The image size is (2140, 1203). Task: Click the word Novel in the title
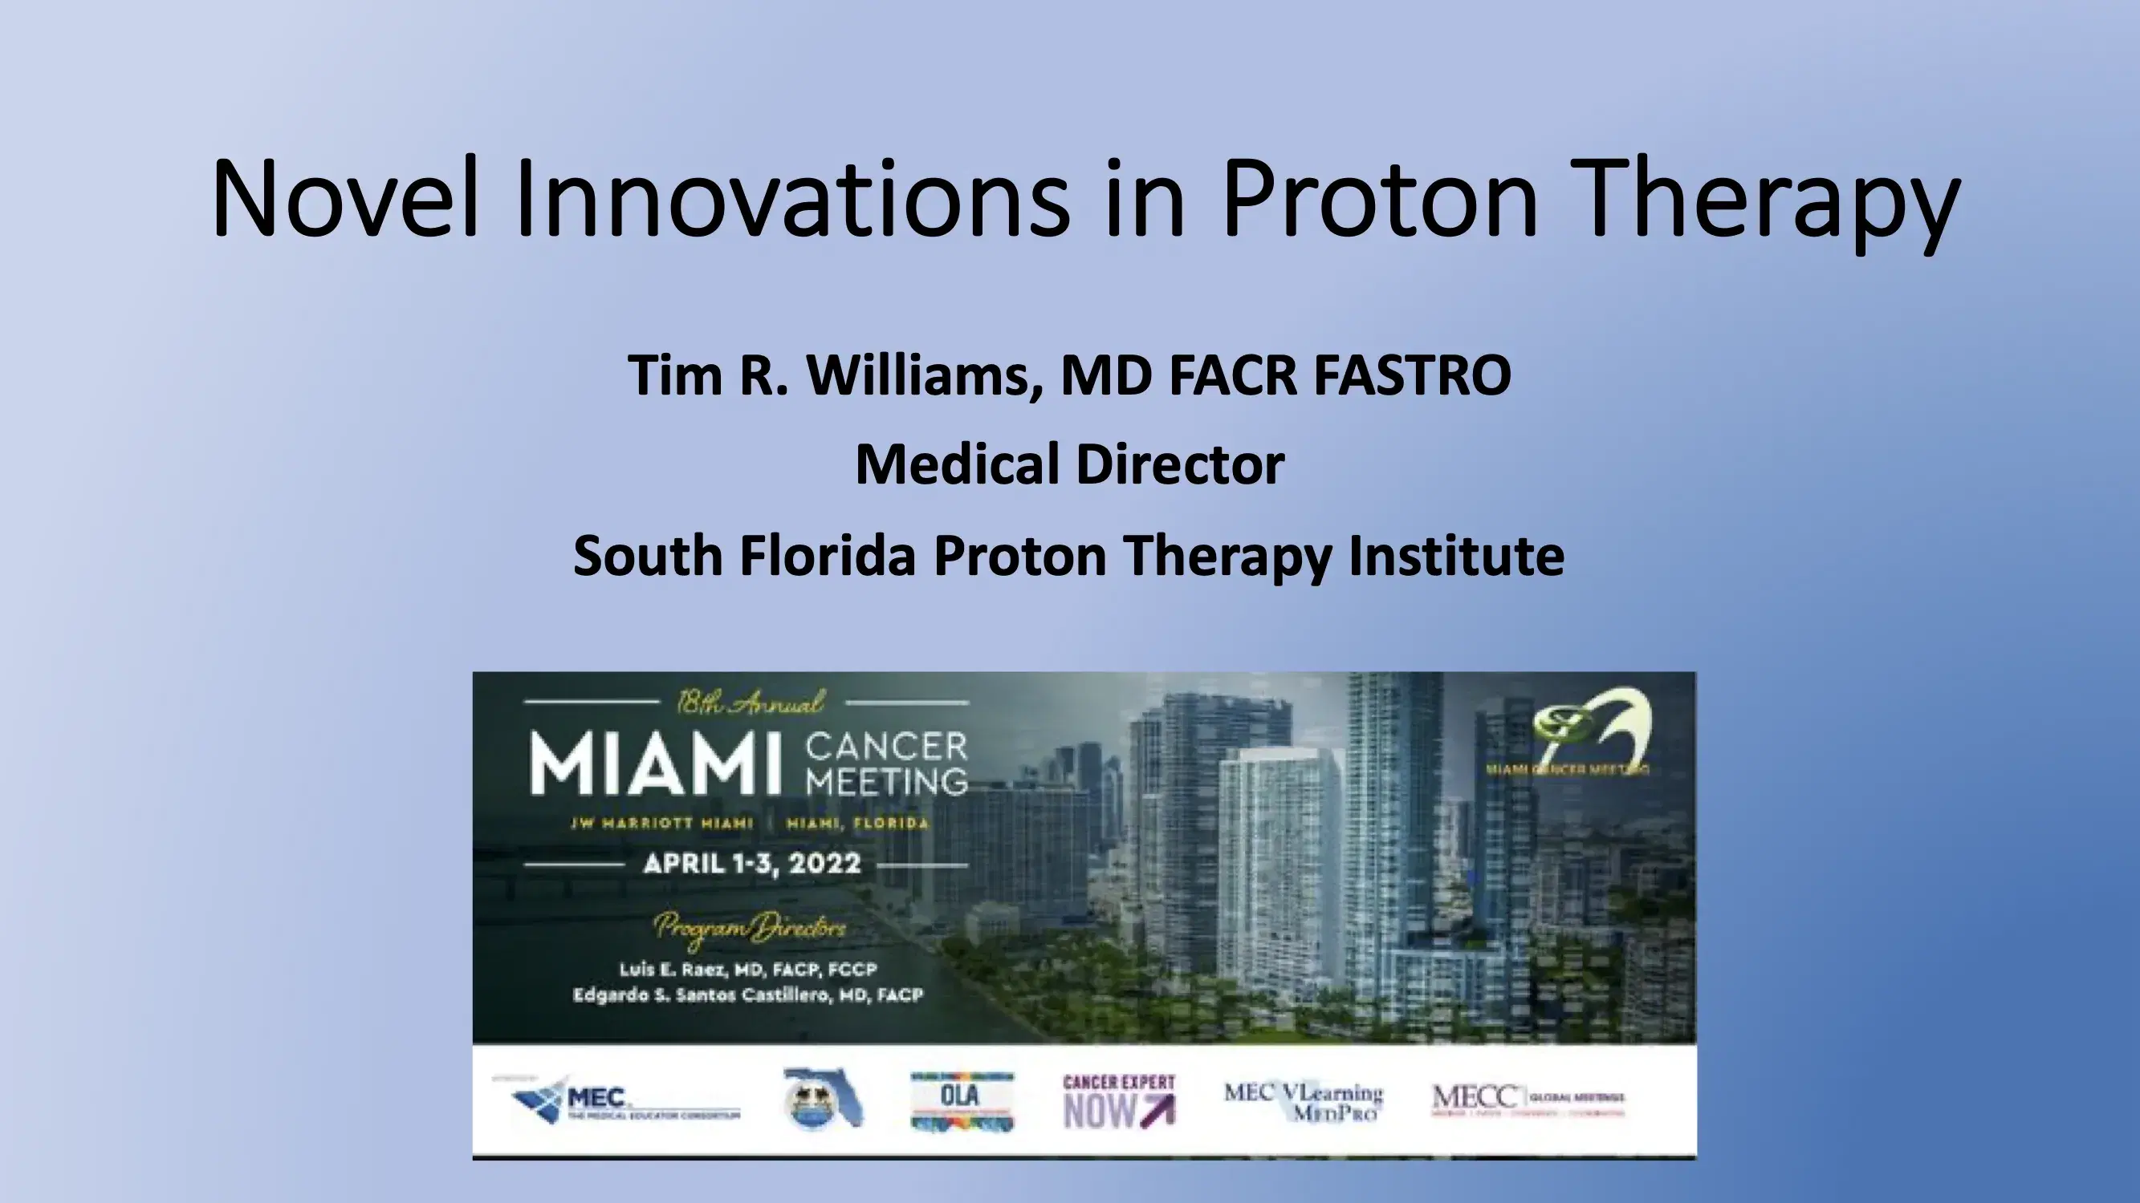click(x=344, y=199)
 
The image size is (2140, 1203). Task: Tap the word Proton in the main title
click(x=1379, y=199)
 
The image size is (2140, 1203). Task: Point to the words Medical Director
click(x=1070, y=465)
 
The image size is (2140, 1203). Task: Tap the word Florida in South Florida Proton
click(x=827, y=556)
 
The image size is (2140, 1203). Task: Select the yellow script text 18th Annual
click(x=750, y=703)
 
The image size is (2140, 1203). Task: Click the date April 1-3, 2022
click(x=752, y=864)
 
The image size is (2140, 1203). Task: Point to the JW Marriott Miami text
click(x=661, y=824)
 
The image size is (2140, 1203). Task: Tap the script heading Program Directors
click(x=750, y=928)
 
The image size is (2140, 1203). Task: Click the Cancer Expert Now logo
click(x=1119, y=1101)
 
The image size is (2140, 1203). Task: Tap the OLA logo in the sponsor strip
click(x=962, y=1101)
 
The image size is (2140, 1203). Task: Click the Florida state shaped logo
click(x=823, y=1098)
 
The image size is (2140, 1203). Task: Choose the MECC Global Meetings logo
click(x=1528, y=1101)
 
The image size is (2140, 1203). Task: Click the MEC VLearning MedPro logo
click(x=1303, y=1101)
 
